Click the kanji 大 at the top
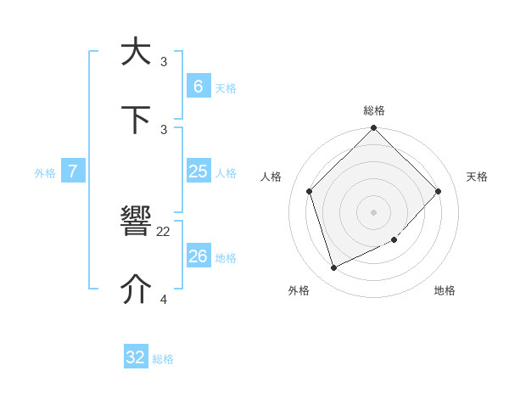pyautogui.click(x=136, y=52)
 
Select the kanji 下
pyautogui.click(x=136, y=121)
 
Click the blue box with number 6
pyautogui.click(x=198, y=86)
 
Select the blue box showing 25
pyautogui.click(x=198, y=171)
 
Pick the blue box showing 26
pyautogui.click(x=198, y=256)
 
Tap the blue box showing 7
pyautogui.click(x=73, y=171)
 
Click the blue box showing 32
pyautogui.click(x=136, y=357)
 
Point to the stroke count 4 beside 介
pyautogui.click(x=164, y=299)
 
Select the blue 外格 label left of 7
pyautogui.click(x=45, y=173)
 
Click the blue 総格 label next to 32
pyautogui.click(x=163, y=359)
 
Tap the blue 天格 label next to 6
pyautogui.click(x=226, y=87)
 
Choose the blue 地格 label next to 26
pyautogui.click(x=226, y=257)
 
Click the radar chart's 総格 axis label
pyautogui.click(x=374, y=110)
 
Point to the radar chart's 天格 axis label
pyautogui.click(x=477, y=177)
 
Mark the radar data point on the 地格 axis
pyautogui.click(x=394, y=240)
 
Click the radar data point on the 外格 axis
pyautogui.click(x=333, y=268)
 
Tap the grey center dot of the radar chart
pyautogui.click(x=373, y=212)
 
